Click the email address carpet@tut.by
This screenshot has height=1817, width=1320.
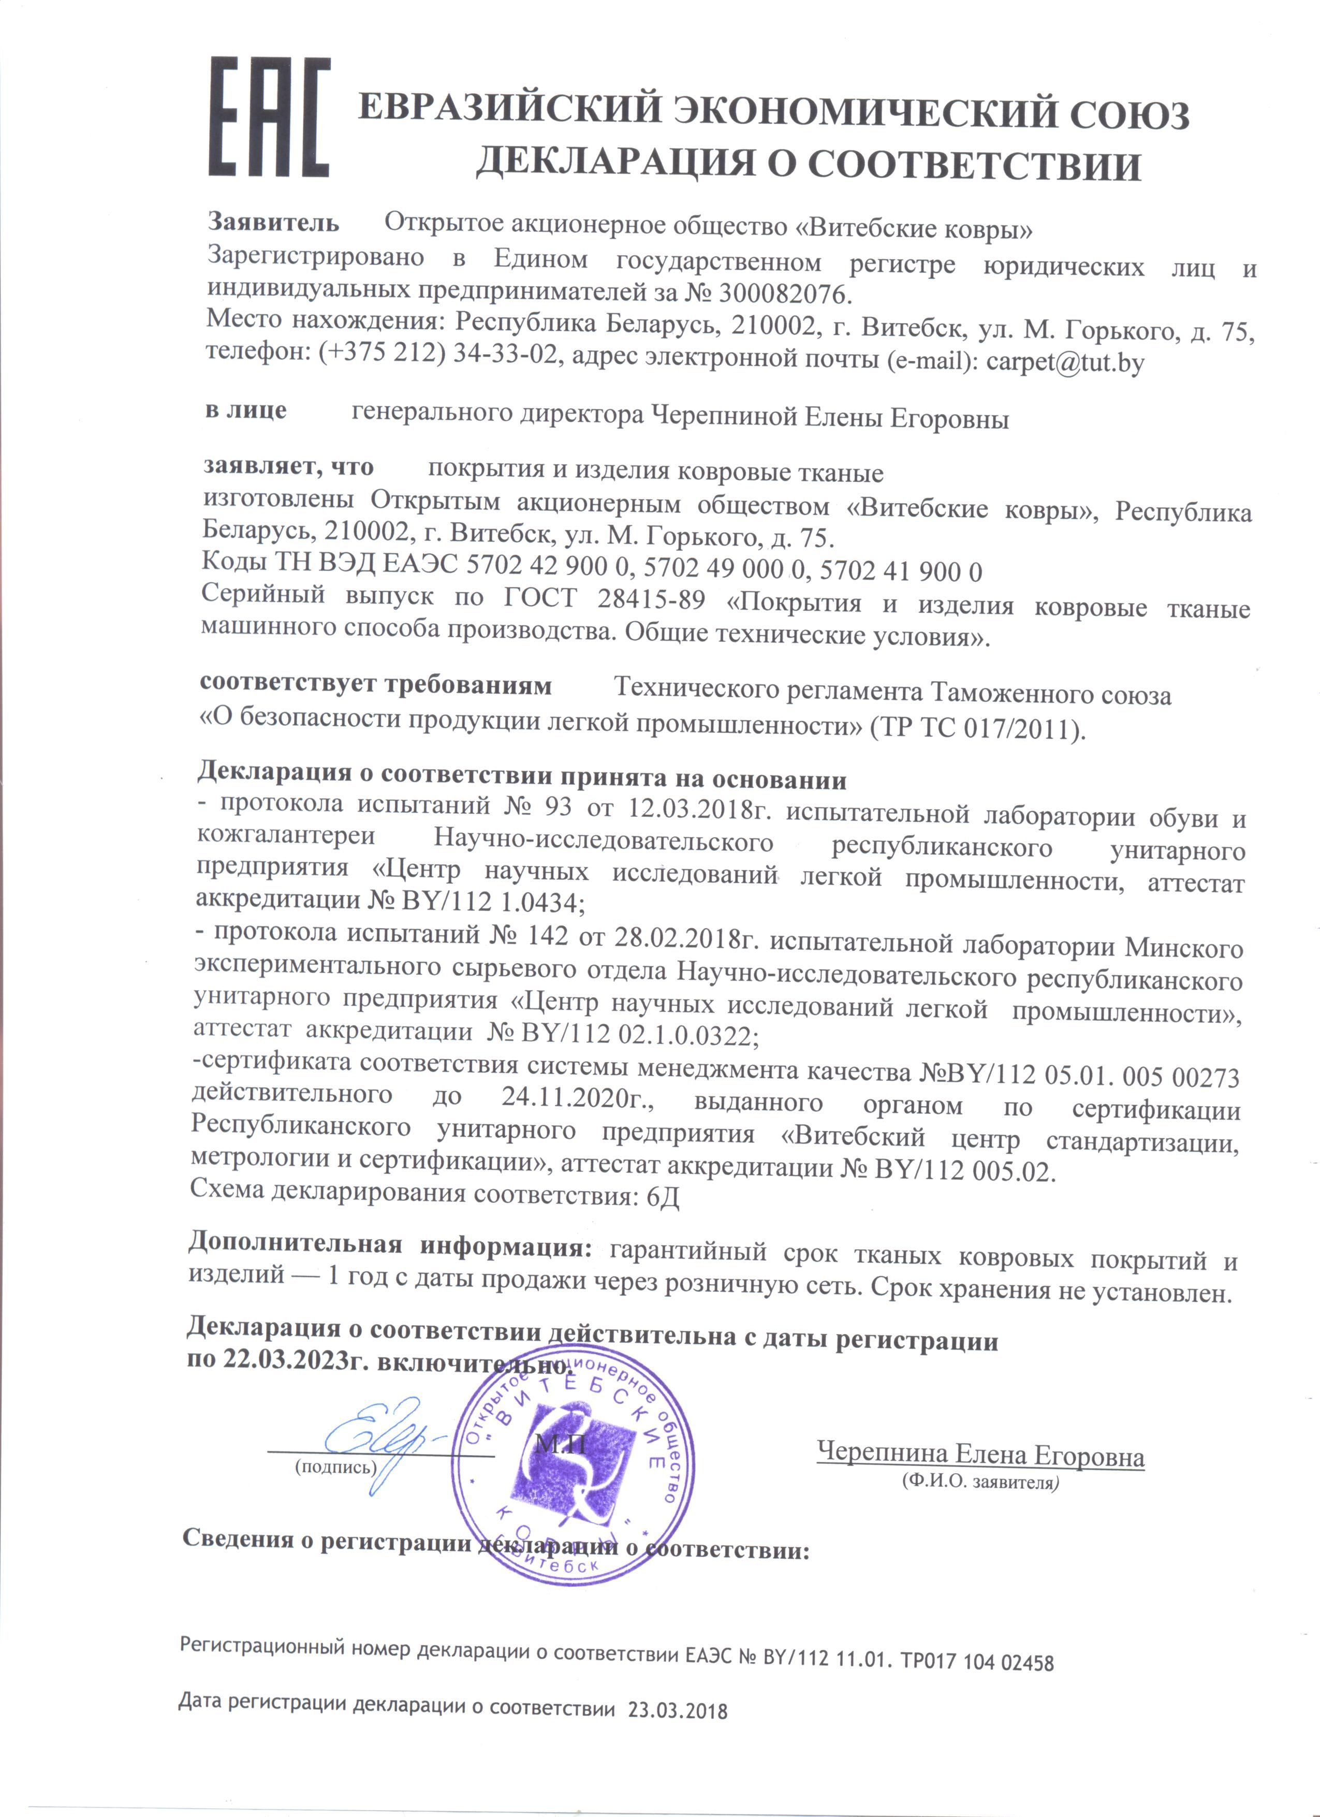1065,363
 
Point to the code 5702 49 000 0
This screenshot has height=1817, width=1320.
727,569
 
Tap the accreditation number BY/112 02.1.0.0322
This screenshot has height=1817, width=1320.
637,1035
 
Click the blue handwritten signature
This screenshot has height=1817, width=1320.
385,1442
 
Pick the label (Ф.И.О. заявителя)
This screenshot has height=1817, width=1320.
979,1482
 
